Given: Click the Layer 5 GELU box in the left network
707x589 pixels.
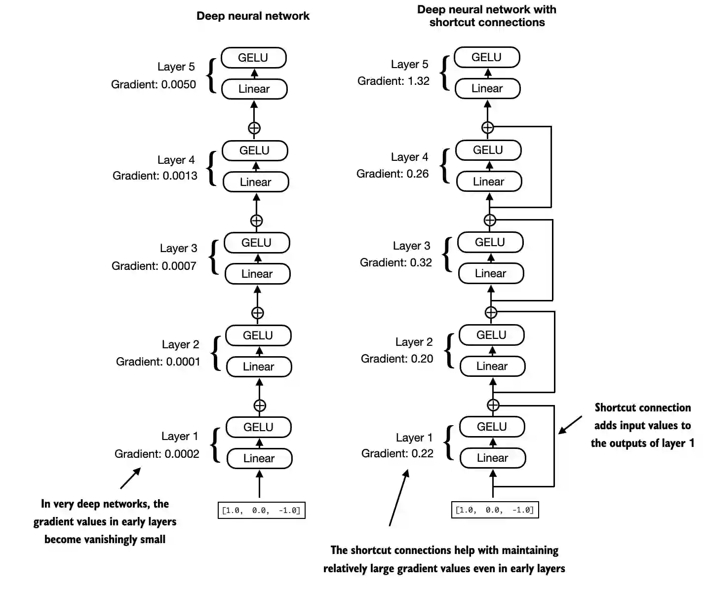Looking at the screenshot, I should tap(253, 58).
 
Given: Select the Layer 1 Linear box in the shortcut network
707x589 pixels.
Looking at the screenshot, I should tap(492, 458).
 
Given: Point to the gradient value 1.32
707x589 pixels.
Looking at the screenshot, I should tap(419, 81).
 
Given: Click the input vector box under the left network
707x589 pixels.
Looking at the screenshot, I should tap(261, 510).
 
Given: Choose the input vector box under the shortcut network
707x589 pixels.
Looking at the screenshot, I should tap(495, 510).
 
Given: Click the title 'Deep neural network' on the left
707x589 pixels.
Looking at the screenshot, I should tap(253, 16).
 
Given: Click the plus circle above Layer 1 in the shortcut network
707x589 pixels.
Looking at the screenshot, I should tap(493, 405).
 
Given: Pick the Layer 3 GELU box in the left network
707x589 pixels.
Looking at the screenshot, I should tap(256, 243).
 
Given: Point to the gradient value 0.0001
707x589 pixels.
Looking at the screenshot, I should tap(183, 362).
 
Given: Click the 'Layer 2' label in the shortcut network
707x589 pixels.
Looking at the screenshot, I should tap(414, 342).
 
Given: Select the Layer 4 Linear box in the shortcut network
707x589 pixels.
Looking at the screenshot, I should tap(488, 182).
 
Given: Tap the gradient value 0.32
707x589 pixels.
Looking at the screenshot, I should tap(421, 262).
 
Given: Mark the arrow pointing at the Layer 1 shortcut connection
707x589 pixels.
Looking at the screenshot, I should tap(570, 425).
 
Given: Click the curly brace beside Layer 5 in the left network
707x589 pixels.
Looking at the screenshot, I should tap(212, 75).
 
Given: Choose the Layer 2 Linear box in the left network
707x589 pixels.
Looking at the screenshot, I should tap(258, 367).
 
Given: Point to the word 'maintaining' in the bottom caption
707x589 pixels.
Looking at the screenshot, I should tap(530, 550).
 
